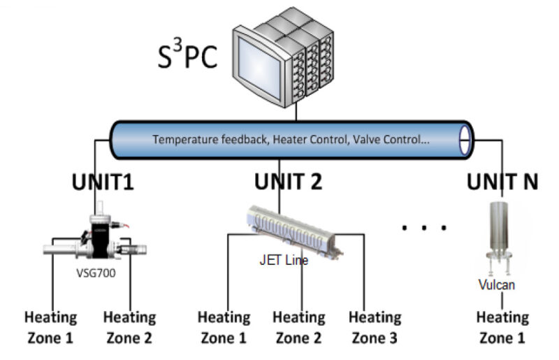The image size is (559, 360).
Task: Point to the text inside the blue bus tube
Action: [x=291, y=139]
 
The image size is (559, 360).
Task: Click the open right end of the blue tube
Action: [x=463, y=140]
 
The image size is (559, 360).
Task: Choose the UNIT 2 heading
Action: [x=288, y=182]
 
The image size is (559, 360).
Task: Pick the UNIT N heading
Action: [x=502, y=182]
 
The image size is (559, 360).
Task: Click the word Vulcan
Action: [x=497, y=285]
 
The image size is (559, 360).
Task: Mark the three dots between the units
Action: [x=423, y=227]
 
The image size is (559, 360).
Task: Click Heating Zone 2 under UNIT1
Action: [x=129, y=328]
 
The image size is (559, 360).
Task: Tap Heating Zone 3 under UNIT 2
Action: [x=375, y=328]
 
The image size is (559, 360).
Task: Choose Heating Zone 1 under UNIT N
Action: [x=502, y=328]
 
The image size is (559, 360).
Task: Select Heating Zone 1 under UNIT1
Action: [x=50, y=328]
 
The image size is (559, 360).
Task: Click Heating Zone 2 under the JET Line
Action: [x=299, y=328]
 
